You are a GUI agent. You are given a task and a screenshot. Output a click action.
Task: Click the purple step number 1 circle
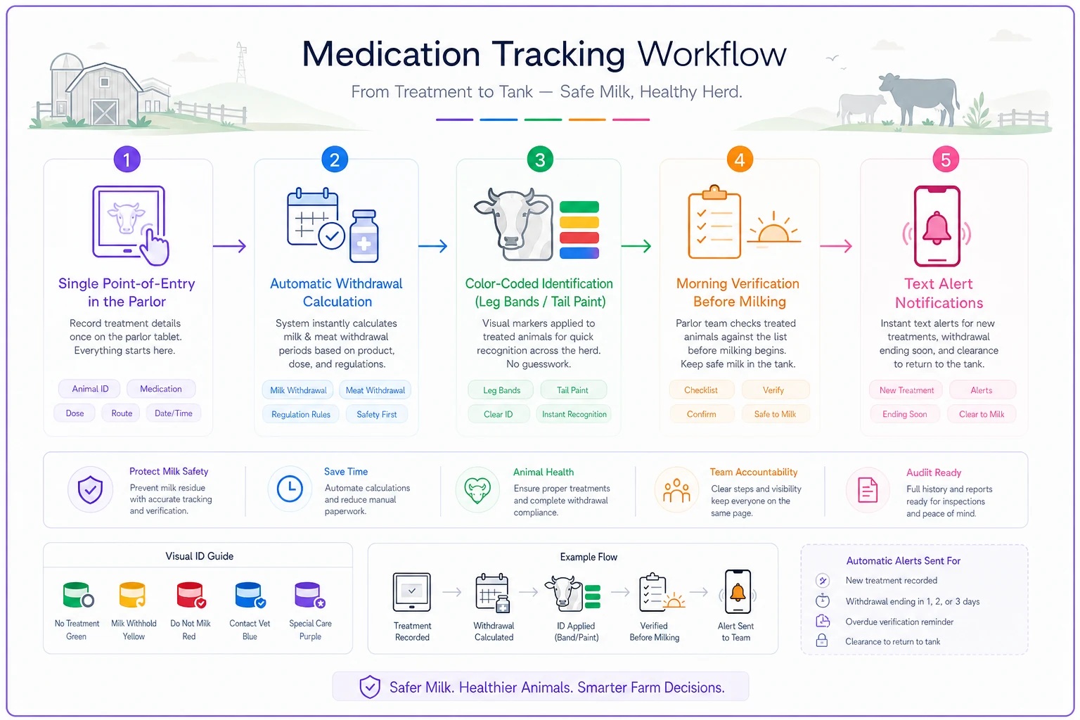(x=127, y=160)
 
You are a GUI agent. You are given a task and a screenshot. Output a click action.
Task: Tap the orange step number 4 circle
(x=739, y=160)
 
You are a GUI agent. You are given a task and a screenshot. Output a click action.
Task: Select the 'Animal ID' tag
(x=90, y=389)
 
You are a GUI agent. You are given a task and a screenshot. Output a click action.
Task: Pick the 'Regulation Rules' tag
(x=300, y=414)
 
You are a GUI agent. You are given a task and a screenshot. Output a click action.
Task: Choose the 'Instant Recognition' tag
(x=574, y=414)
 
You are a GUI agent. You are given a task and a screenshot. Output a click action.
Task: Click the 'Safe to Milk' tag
(x=775, y=414)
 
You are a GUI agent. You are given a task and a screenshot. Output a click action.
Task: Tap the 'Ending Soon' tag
(x=904, y=414)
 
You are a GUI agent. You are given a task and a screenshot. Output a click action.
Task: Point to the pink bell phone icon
(x=937, y=226)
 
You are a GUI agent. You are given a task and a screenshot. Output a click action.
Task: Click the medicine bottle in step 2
(x=364, y=236)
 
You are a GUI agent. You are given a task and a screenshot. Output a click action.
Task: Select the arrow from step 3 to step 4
(x=636, y=246)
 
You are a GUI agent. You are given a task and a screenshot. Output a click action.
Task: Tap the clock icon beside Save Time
(x=290, y=489)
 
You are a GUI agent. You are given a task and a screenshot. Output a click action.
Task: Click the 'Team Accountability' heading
(x=754, y=472)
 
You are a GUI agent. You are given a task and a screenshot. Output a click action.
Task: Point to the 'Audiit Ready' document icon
(x=868, y=491)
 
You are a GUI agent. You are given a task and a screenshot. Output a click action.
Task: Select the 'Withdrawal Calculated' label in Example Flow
(x=494, y=631)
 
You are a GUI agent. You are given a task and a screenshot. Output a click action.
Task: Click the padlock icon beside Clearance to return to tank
(x=822, y=641)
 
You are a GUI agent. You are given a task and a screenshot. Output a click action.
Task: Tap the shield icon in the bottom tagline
(x=370, y=687)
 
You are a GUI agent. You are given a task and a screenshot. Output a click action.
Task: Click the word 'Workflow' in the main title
(x=712, y=54)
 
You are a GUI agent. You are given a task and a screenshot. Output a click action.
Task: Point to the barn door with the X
(x=105, y=112)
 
